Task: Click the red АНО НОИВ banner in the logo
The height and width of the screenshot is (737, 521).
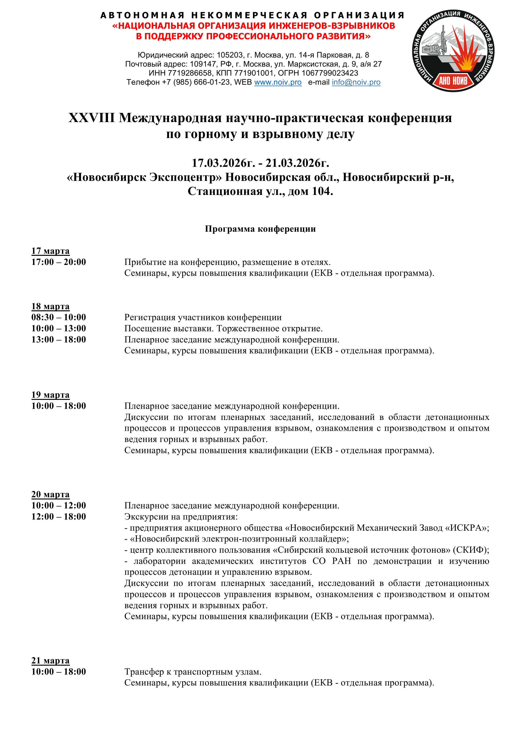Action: pyautogui.click(x=453, y=80)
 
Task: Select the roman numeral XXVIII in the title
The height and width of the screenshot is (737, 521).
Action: pyautogui.click(x=91, y=118)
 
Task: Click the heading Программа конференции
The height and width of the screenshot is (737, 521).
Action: pyautogui.click(x=260, y=229)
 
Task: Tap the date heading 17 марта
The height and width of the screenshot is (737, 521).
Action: pyautogui.click(x=50, y=251)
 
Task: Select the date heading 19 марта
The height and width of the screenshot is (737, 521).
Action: pyautogui.click(x=50, y=395)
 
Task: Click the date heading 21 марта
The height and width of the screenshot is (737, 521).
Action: pyautogui.click(x=50, y=660)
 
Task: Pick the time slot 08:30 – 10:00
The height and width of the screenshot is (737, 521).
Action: pyautogui.click(x=59, y=317)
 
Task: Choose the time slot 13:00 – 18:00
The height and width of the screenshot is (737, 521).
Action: pyautogui.click(x=59, y=339)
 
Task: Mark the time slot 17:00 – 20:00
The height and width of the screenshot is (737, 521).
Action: pyautogui.click(x=59, y=262)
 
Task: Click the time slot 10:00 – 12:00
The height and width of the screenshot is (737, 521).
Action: pyautogui.click(x=59, y=505)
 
